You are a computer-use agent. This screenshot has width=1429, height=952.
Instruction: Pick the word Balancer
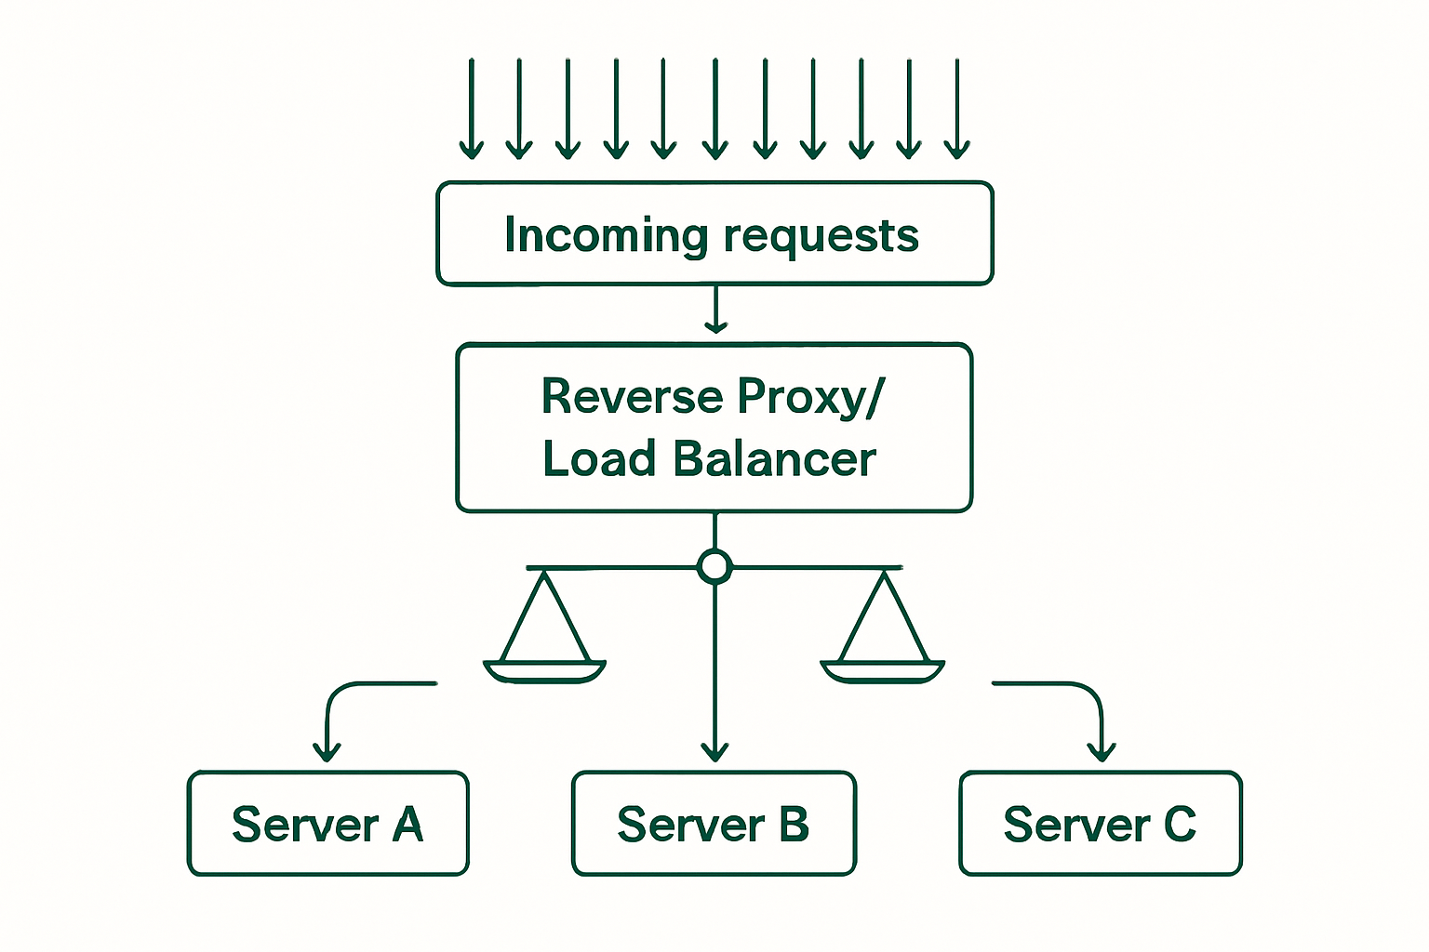point(774,459)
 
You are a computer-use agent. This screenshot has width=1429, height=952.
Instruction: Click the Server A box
point(327,824)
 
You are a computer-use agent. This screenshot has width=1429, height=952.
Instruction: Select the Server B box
point(714,824)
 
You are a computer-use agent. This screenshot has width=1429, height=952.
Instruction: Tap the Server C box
point(1100,824)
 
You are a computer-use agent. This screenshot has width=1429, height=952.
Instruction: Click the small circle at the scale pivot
point(714,566)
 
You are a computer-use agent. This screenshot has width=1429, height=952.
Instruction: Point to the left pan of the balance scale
point(544,670)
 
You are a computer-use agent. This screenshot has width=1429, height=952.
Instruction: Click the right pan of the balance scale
point(883,670)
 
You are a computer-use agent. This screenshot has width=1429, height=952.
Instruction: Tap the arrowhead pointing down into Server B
point(714,751)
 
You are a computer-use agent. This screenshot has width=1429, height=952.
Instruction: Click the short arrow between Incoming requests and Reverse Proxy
point(715,311)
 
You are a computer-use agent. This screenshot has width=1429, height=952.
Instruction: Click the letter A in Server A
point(407,825)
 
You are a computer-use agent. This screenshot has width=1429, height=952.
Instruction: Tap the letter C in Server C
point(1179,825)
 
